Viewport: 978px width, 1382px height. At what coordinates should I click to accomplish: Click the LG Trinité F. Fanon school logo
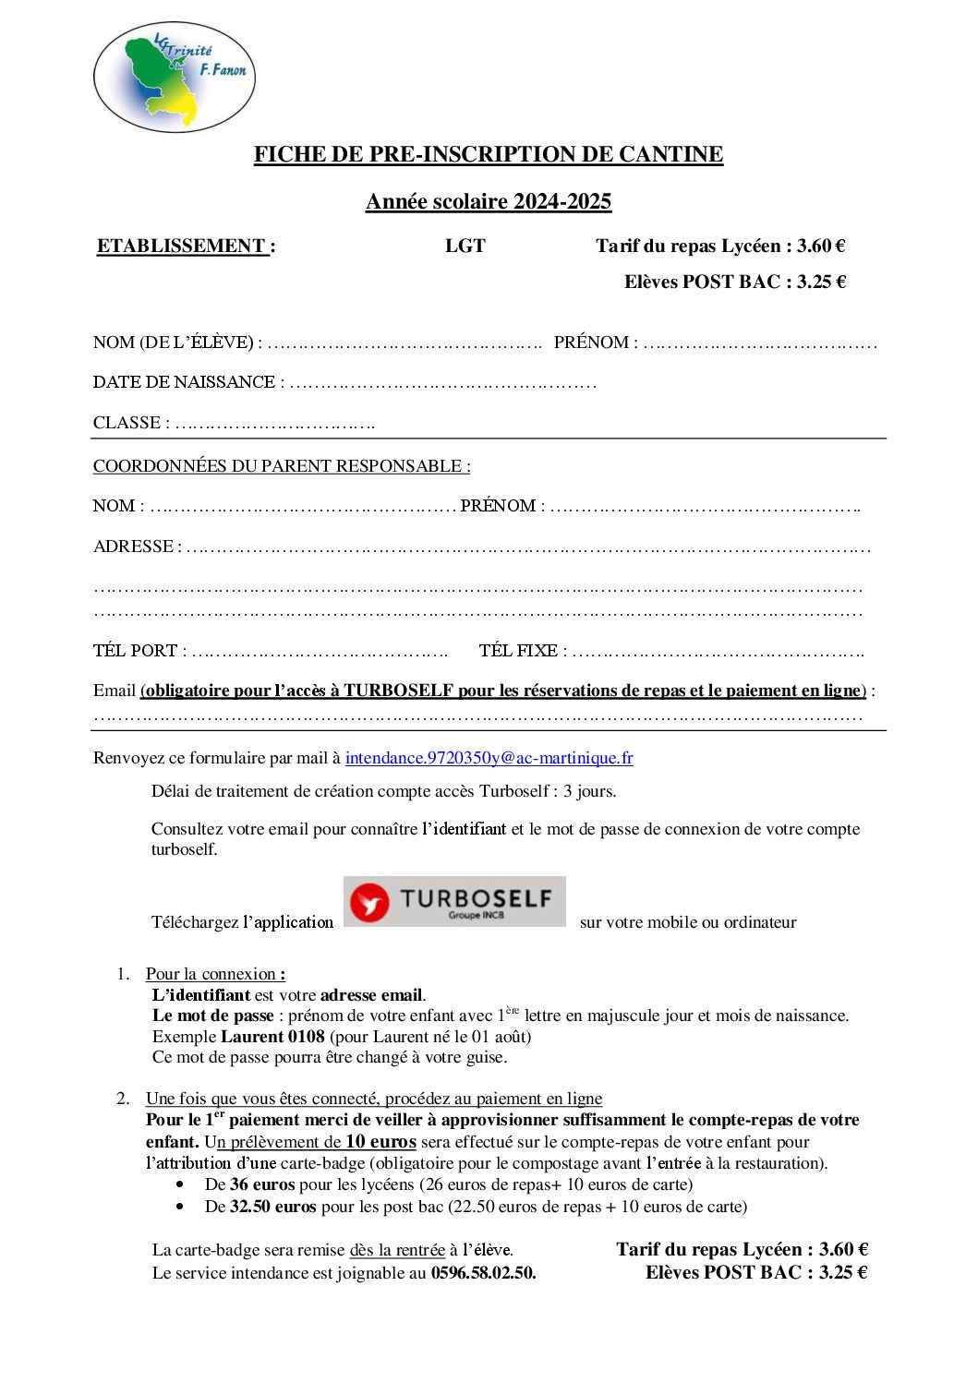(x=175, y=78)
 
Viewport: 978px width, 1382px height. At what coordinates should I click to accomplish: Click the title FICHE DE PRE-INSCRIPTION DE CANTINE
(x=489, y=154)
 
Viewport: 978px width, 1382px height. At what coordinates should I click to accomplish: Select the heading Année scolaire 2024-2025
(x=489, y=201)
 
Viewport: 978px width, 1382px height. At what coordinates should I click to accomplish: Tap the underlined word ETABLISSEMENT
(x=182, y=246)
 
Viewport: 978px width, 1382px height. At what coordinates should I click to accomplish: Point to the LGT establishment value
(x=465, y=246)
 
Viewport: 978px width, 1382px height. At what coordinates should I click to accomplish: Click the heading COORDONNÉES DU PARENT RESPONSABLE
(x=282, y=466)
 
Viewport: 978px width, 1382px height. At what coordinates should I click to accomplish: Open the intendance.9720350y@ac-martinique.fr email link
(x=489, y=758)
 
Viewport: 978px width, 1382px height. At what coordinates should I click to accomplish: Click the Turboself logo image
(x=454, y=902)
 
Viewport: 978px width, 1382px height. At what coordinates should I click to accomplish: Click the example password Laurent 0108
(x=272, y=1037)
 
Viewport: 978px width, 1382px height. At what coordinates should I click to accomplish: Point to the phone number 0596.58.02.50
(x=483, y=1273)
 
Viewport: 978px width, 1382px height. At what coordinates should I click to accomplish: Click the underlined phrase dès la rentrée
(x=397, y=1250)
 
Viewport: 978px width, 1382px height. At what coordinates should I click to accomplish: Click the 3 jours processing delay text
(x=589, y=791)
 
